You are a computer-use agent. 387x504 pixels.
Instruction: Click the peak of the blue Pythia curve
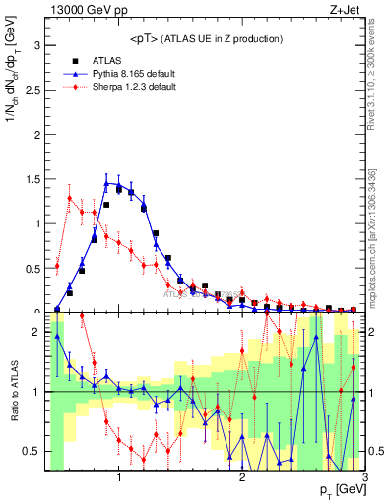click(x=106, y=182)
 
